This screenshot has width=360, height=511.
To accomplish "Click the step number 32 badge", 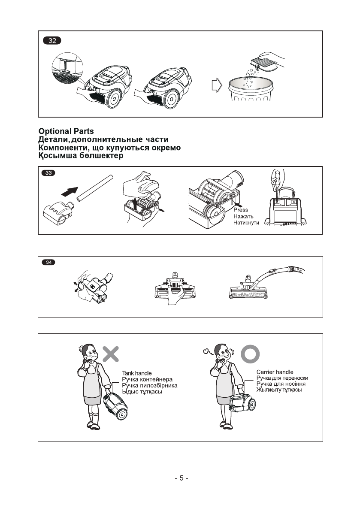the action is (52, 41).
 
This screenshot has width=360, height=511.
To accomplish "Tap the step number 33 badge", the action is (48, 173).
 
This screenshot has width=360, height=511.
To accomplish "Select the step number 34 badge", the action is (48, 263).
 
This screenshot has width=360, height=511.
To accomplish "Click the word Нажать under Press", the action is (244, 217).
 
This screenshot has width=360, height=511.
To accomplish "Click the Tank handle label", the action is (137, 373).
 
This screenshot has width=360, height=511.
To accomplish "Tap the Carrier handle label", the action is (275, 372).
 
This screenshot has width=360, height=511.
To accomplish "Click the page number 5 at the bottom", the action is (181, 478).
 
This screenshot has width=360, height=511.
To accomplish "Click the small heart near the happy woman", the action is (206, 352).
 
